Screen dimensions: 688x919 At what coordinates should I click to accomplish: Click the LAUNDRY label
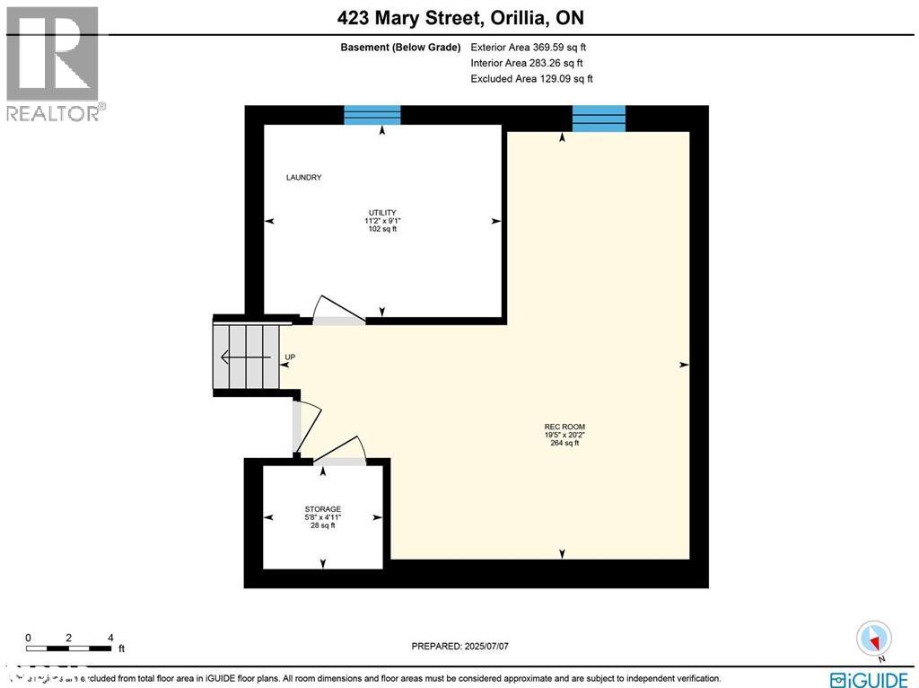[x=303, y=178]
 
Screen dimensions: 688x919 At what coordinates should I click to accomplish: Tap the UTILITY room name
[x=382, y=213]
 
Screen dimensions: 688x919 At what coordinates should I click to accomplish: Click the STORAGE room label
[x=323, y=509]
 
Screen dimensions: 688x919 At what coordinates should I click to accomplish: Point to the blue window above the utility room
[x=372, y=115]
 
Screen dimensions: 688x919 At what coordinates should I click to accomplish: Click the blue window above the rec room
[x=599, y=118]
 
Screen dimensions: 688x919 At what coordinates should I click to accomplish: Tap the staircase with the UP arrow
[x=244, y=357]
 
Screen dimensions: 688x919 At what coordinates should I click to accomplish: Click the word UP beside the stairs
[x=290, y=357]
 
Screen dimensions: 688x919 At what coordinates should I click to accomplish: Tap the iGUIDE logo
[x=870, y=679]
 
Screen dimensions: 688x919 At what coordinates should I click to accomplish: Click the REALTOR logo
[x=53, y=64]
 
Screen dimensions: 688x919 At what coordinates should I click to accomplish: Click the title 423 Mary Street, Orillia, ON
[x=459, y=18]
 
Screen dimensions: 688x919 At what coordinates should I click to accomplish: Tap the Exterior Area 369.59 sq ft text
[x=529, y=48]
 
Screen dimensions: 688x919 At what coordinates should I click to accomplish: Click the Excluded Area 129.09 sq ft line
[x=531, y=79]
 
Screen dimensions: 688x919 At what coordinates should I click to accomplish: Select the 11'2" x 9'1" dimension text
[x=382, y=221]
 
